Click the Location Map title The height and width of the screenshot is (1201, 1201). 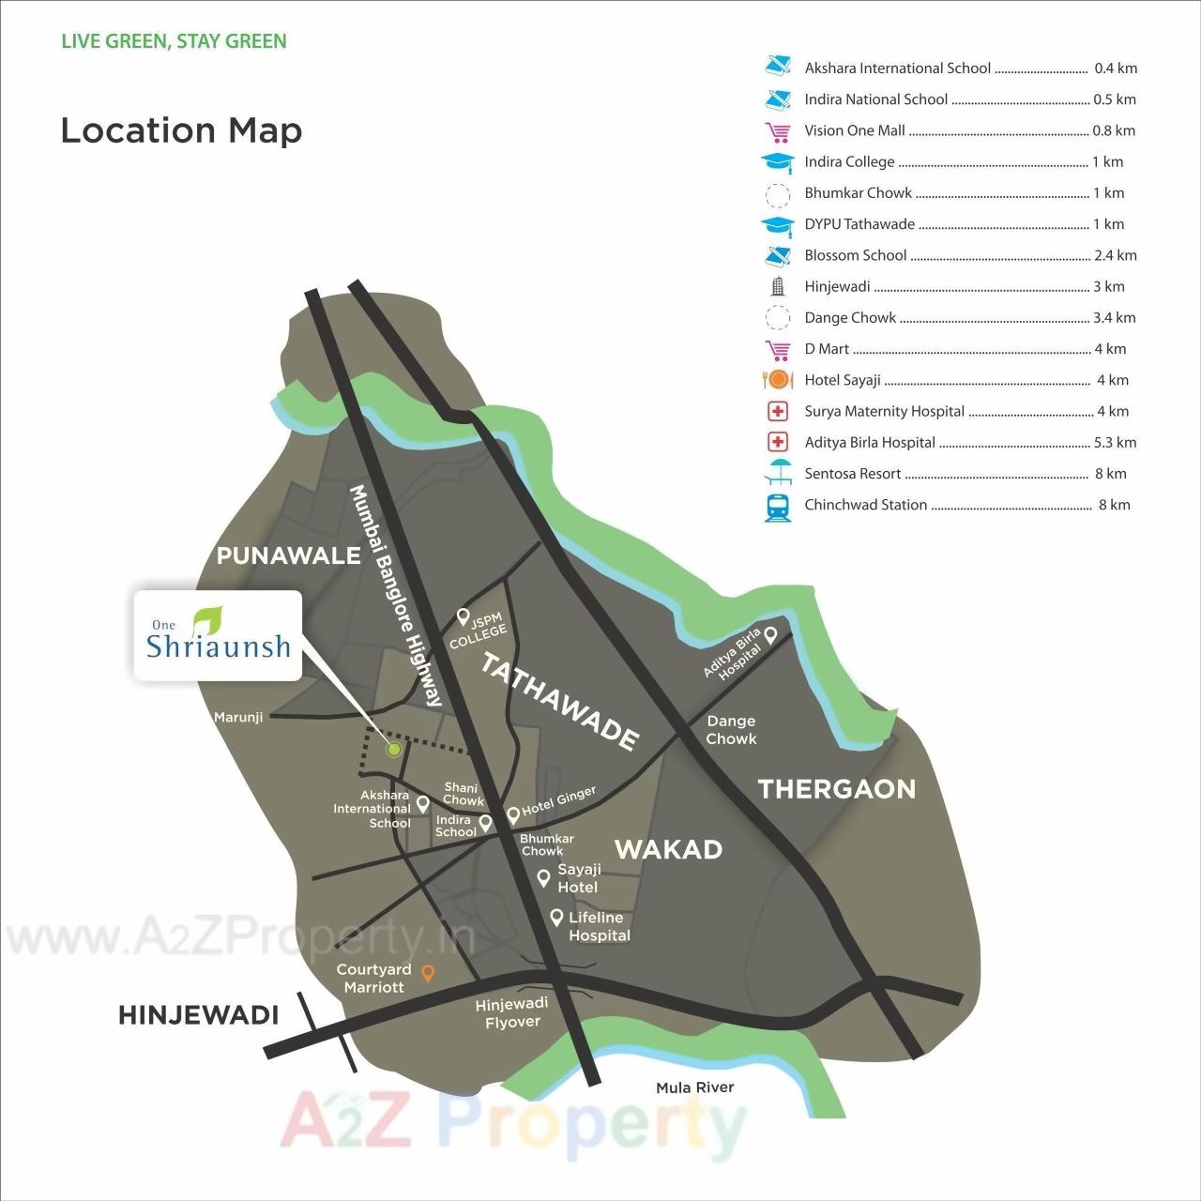click(181, 130)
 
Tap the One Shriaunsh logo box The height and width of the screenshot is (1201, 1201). click(218, 635)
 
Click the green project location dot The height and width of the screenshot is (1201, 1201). click(394, 749)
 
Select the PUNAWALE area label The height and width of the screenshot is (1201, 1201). click(288, 555)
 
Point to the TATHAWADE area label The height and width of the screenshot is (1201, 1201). click(560, 701)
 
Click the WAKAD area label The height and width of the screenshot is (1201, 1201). click(668, 849)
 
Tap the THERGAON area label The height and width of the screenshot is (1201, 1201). click(836, 789)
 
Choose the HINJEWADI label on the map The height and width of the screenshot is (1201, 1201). click(198, 1015)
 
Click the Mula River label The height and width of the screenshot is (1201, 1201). click(694, 1087)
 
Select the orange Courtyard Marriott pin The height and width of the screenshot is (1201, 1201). click(428, 973)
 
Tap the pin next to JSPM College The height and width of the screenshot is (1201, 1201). click(463, 616)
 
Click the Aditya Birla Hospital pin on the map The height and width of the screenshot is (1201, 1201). click(770, 635)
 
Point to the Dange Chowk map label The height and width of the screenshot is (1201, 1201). click(731, 730)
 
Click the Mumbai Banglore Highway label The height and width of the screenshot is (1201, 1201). click(395, 596)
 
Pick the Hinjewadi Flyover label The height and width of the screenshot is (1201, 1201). click(511, 1012)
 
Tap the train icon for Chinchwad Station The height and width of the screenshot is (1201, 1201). click(777, 507)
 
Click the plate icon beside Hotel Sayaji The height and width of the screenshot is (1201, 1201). click(778, 380)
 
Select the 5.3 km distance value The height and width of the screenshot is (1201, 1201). click(1115, 443)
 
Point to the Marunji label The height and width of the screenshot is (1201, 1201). click(238, 718)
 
